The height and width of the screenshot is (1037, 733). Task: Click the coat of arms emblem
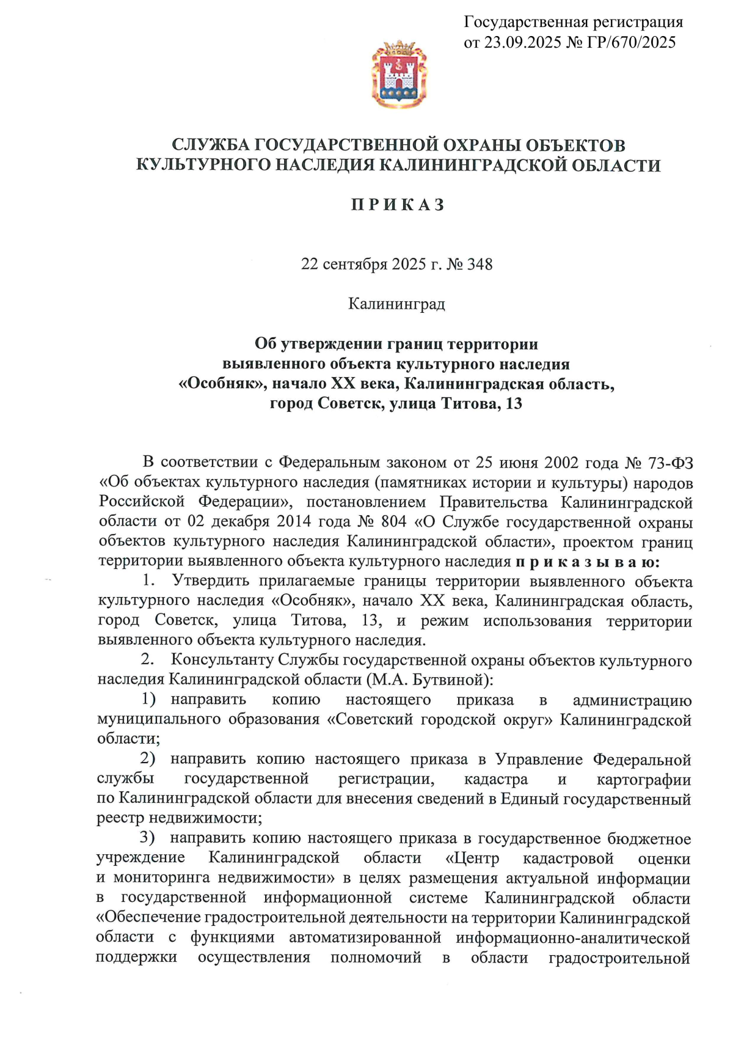pos(399,74)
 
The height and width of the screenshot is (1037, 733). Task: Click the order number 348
pos(480,265)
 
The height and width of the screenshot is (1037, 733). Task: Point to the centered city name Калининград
pos(396,304)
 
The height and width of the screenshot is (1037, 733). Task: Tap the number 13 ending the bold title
pos(514,404)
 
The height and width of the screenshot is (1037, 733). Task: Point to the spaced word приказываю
pos(587,562)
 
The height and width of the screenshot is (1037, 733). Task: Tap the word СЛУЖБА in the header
pos(210,145)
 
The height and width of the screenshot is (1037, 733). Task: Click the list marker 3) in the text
pos(147,838)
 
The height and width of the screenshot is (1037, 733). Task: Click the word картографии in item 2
pos(644,780)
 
